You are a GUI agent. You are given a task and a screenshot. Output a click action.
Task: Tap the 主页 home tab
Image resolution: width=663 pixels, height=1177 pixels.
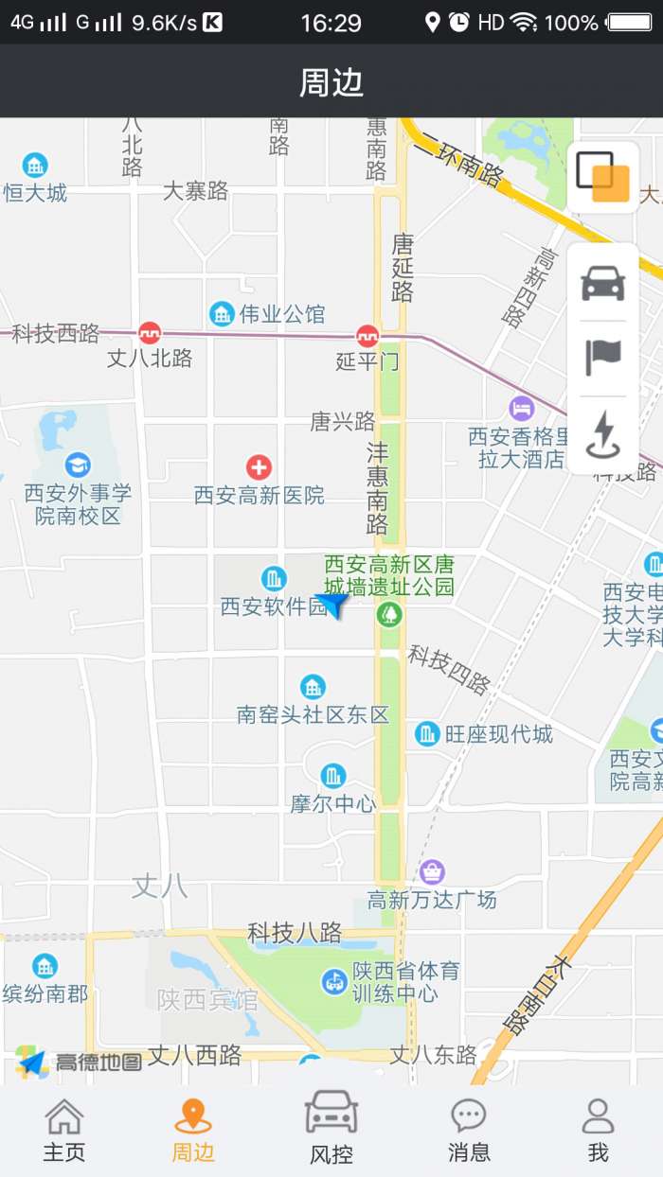coord(64,1130)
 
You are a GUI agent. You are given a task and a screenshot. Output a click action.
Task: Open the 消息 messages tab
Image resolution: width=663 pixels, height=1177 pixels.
coord(469,1130)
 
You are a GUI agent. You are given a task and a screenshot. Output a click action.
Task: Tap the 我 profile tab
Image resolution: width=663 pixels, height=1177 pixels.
coord(598,1130)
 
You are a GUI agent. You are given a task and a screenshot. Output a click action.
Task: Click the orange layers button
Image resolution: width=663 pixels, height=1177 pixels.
coord(603,177)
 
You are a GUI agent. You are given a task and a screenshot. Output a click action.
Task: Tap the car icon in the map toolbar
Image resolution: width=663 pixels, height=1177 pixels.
coord(603,283)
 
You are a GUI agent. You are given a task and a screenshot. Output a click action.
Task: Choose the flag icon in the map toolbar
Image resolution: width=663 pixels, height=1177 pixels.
coord(603,357)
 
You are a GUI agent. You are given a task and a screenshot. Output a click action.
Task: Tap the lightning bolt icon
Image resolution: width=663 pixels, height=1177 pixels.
coord(603,434)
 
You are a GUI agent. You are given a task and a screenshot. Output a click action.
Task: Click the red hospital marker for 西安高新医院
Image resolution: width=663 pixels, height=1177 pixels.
coord(259,466)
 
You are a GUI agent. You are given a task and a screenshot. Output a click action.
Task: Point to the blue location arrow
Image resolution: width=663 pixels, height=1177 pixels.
coord(332,603)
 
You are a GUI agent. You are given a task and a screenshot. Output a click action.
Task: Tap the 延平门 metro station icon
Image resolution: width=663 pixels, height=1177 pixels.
coord(367,336)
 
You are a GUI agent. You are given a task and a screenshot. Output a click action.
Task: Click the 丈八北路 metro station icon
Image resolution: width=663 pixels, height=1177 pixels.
coord(150,333)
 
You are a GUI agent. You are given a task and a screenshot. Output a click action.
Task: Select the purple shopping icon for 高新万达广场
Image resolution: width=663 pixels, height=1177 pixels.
coord(433,871)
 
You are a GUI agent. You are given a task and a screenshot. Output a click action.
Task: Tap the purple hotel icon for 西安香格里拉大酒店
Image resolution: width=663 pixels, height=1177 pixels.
coord(521,409)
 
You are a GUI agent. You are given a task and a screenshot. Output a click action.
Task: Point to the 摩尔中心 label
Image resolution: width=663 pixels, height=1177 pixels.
coord(333,804)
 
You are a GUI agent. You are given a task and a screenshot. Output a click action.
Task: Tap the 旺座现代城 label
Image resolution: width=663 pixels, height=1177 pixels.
coord(498,733)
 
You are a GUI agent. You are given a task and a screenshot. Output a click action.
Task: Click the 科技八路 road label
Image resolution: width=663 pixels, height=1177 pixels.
coord(295,933)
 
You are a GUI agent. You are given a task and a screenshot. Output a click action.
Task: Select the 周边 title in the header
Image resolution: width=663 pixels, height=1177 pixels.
coord(331,82)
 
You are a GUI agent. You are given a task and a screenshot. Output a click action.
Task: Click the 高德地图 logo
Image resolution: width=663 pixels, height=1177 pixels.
coord(80,1063)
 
